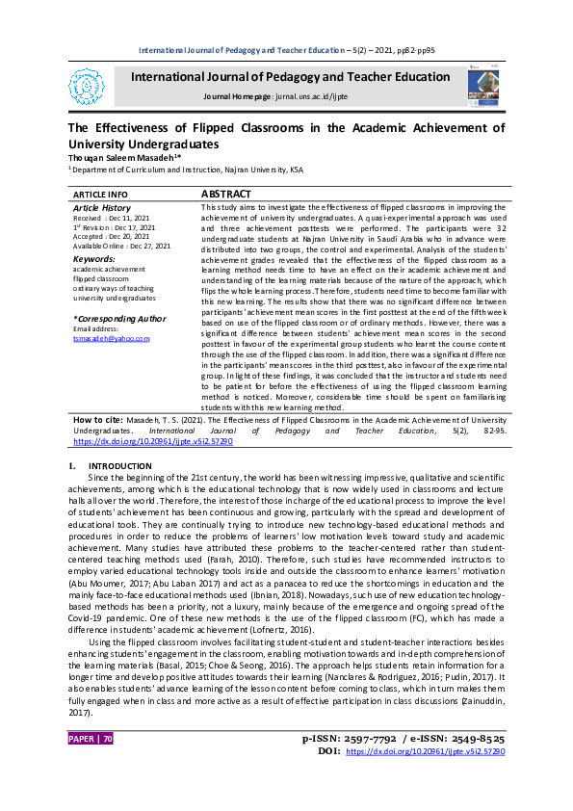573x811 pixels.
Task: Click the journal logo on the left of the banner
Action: [x=91, y=86]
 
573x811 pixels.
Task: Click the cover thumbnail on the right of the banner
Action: [x=484, y=84]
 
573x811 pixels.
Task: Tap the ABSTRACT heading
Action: [x=226, y=194]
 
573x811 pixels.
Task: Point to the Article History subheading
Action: [x=102, y=208]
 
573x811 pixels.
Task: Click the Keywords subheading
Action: [x=93, y=259]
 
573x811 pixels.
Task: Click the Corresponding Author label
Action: [x=119, y=318]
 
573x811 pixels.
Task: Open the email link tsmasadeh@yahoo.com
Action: [x=112, y=338]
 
